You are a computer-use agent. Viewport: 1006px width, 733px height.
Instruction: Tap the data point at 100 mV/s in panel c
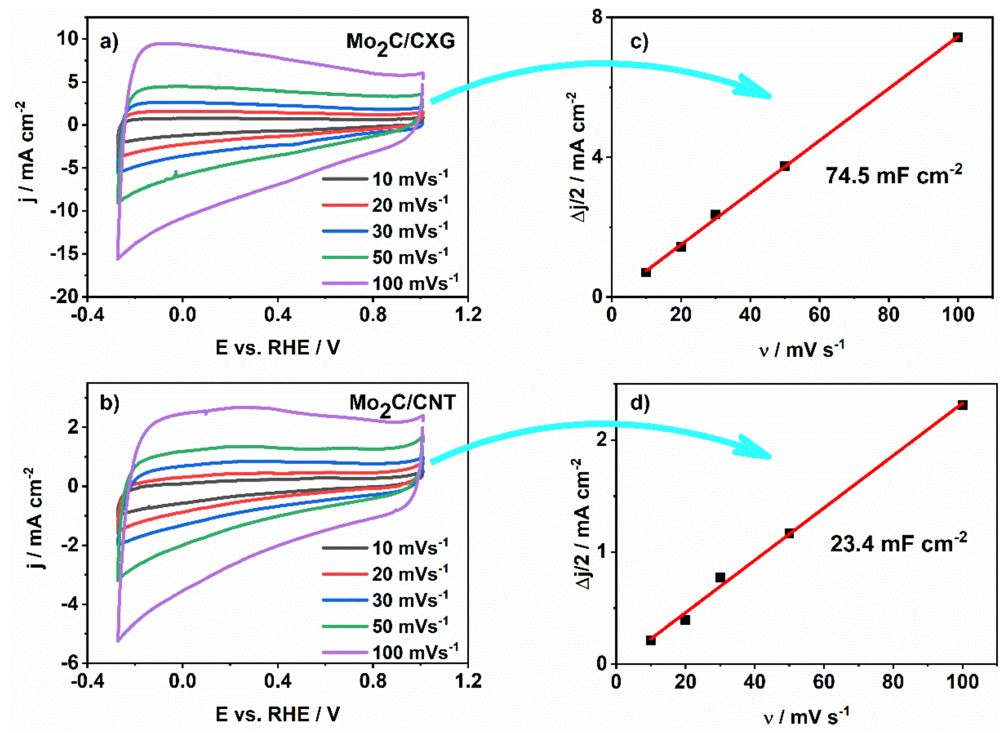coord(957,37)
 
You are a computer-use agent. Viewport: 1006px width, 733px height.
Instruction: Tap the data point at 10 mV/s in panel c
coord(646,272)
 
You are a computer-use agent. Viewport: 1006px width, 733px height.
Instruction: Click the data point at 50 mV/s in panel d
coord(789,533)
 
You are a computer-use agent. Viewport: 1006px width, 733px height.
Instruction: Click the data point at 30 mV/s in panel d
coord(720,577)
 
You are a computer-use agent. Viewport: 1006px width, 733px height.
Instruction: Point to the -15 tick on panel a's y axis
coord(66,254)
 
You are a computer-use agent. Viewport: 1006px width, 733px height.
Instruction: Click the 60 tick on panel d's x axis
coord(824,681)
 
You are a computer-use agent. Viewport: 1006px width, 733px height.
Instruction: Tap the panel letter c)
coord(639,42)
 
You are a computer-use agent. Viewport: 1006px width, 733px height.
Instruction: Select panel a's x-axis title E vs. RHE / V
coord(278,347)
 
